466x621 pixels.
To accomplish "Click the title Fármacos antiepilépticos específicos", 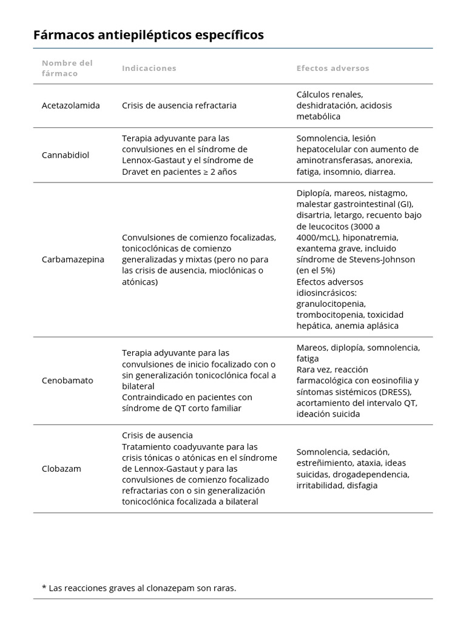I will click(x=149, y=35).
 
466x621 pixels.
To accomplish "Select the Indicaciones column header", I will click(x=149, y=68).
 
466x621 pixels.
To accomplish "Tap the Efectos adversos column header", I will click(x=333, y=68).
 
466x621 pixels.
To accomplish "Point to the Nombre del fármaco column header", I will click(x=67, y=68).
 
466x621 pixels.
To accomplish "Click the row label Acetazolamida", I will click(x=71, y=106).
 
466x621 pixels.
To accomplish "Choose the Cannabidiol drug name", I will click(x=66, y=155).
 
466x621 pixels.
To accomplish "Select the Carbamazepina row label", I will click(x=73, y=260).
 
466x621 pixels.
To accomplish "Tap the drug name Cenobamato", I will click(x=67, y=381).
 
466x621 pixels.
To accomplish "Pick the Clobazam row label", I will click(x=61, y=469).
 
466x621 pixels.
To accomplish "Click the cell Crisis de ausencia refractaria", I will click(x=179, y=106).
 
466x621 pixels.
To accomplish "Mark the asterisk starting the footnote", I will click(x=44, y=588).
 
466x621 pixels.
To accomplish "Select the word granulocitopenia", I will click(x=331, y=304).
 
